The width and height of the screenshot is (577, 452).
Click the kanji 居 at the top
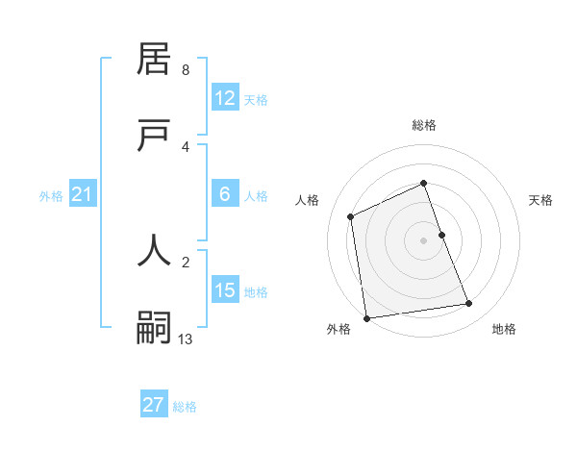click(x=155, y=59)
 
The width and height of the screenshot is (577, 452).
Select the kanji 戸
click(x=155, y=136)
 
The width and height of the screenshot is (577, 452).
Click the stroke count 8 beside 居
click(x=186, y=70)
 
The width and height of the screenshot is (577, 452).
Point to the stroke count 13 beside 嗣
click(x=186, y=339)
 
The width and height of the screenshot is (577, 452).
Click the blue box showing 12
click(x=225, y=98)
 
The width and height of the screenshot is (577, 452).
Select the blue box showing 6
click(x=225, y=194)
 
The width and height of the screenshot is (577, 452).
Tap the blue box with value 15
click(x=225, y=290)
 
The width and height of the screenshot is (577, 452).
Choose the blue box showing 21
click(x=83, y=195)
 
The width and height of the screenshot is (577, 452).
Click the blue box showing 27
click(x=154, y=405)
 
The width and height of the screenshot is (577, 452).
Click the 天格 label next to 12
click(x=256, y=100)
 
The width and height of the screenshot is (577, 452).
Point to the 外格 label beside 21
click(x=51, y=196)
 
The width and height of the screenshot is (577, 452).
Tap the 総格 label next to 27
click(x=185, y=406)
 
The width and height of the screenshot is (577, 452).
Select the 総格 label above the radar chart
click(x=424, y=125)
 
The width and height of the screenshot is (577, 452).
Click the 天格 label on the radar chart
click(x=540, y=200)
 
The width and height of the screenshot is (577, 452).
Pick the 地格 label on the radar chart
click(x=504, y=329)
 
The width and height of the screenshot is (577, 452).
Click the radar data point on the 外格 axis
click(x=366, y=317)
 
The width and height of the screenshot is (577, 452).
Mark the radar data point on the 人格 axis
click(x=351, y=216)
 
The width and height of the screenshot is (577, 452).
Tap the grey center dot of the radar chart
click(x=424, y=239)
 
